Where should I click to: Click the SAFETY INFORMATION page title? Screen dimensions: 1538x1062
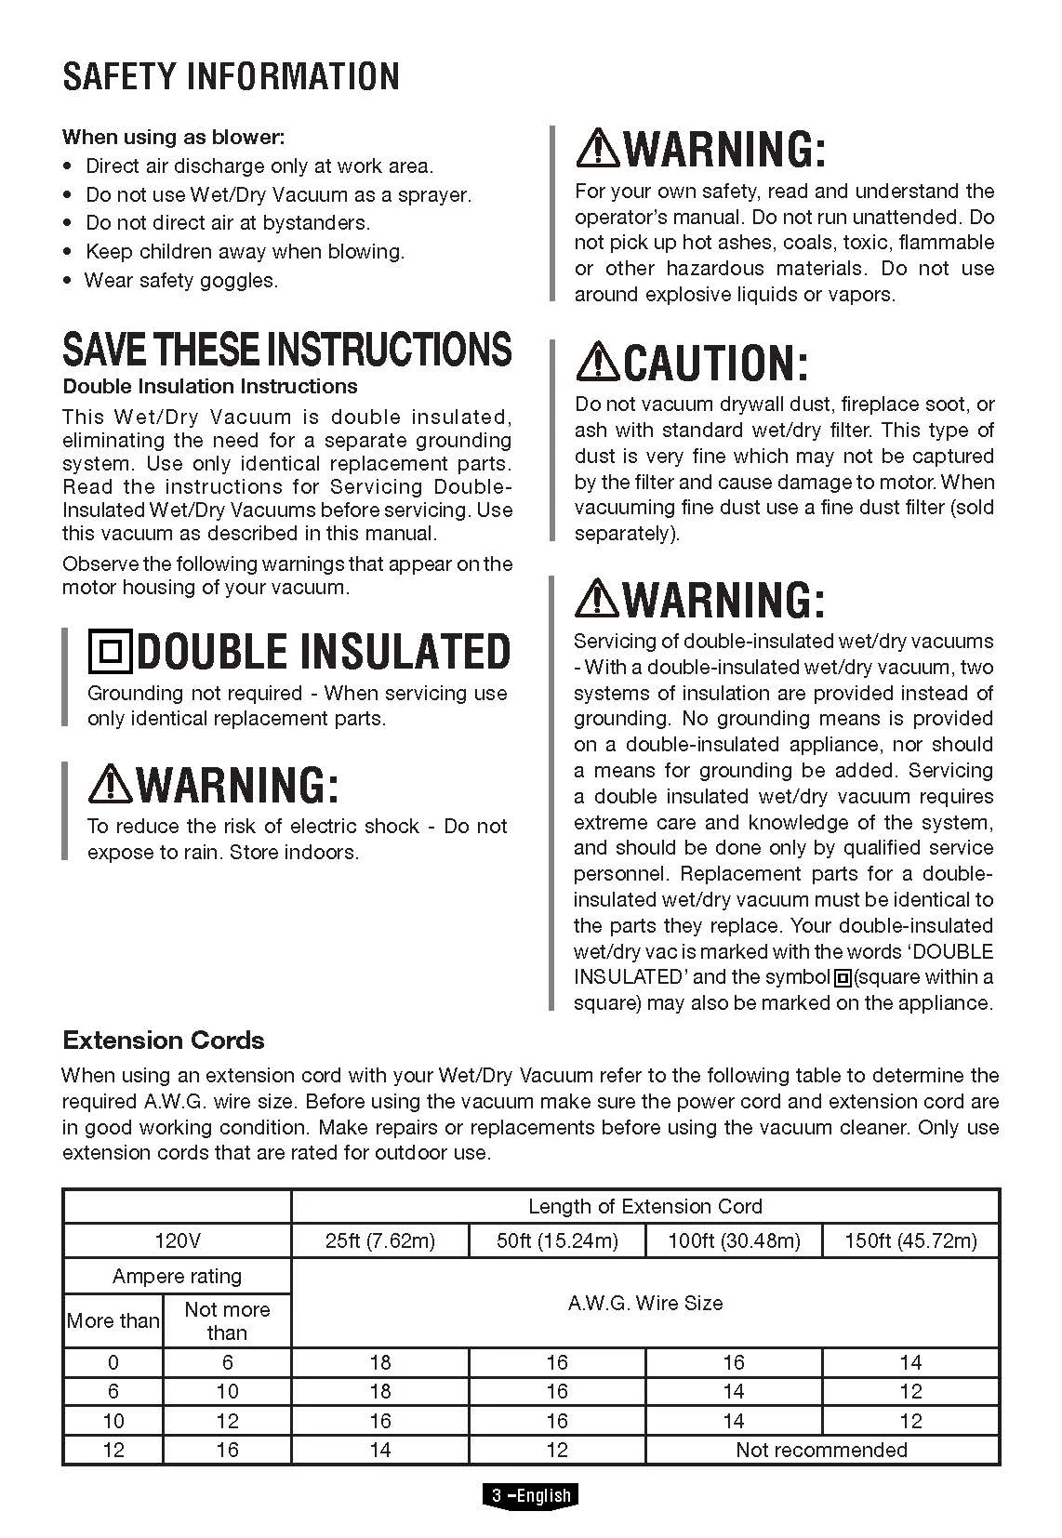pyautogui.click(x=231, y=76)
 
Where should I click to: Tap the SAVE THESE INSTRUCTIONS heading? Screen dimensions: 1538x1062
pyautogui.click(x=286, y=349)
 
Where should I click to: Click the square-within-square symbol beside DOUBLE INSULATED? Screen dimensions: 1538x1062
pyautogui.click(x=111, y=651)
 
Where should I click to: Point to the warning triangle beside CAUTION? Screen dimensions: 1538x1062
pyautogui.click(x=597, y=362)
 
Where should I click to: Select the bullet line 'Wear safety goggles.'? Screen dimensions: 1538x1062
pyautogui.click(x=181, y=280)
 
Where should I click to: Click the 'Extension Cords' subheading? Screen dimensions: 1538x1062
pyautogui.click(x=163, y=1040)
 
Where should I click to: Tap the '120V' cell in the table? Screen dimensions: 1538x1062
pyautogui.click(x=177, y=1240)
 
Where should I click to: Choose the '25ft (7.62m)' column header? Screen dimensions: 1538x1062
pyautogui.click(x=380, y=1240)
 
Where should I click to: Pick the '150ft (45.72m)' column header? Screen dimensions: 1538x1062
pyautogui.click(x=910, y=1240)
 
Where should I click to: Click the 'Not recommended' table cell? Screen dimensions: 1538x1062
pyautogui.click(x=821, y=1450)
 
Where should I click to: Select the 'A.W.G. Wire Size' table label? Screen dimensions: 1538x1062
pyautogui.click(x=645, y=1303)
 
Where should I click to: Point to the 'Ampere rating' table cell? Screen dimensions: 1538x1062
pyautogui.click(x=177, y=1276)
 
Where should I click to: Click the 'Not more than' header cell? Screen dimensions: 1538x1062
pyautogui.click(x=227, y=1320)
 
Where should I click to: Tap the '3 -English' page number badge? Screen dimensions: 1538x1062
pyautogui.click(x=531, y=1495)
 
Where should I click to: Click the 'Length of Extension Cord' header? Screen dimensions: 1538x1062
pyautogui.click(x=645, y=1206)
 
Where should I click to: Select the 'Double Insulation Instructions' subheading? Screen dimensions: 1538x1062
pyautogui.click(x=210, y=386)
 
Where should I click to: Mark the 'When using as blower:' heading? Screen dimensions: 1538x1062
pyautogui.click(x=173, y=138)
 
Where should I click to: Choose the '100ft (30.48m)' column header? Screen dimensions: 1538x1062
pyautogui.click(x=734, y=1240)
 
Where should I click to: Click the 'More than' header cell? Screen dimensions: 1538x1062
pyautogui.click(x=113, y=1320)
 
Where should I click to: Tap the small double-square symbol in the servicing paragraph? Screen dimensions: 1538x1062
pyautogui.click(x=843, y=977)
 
